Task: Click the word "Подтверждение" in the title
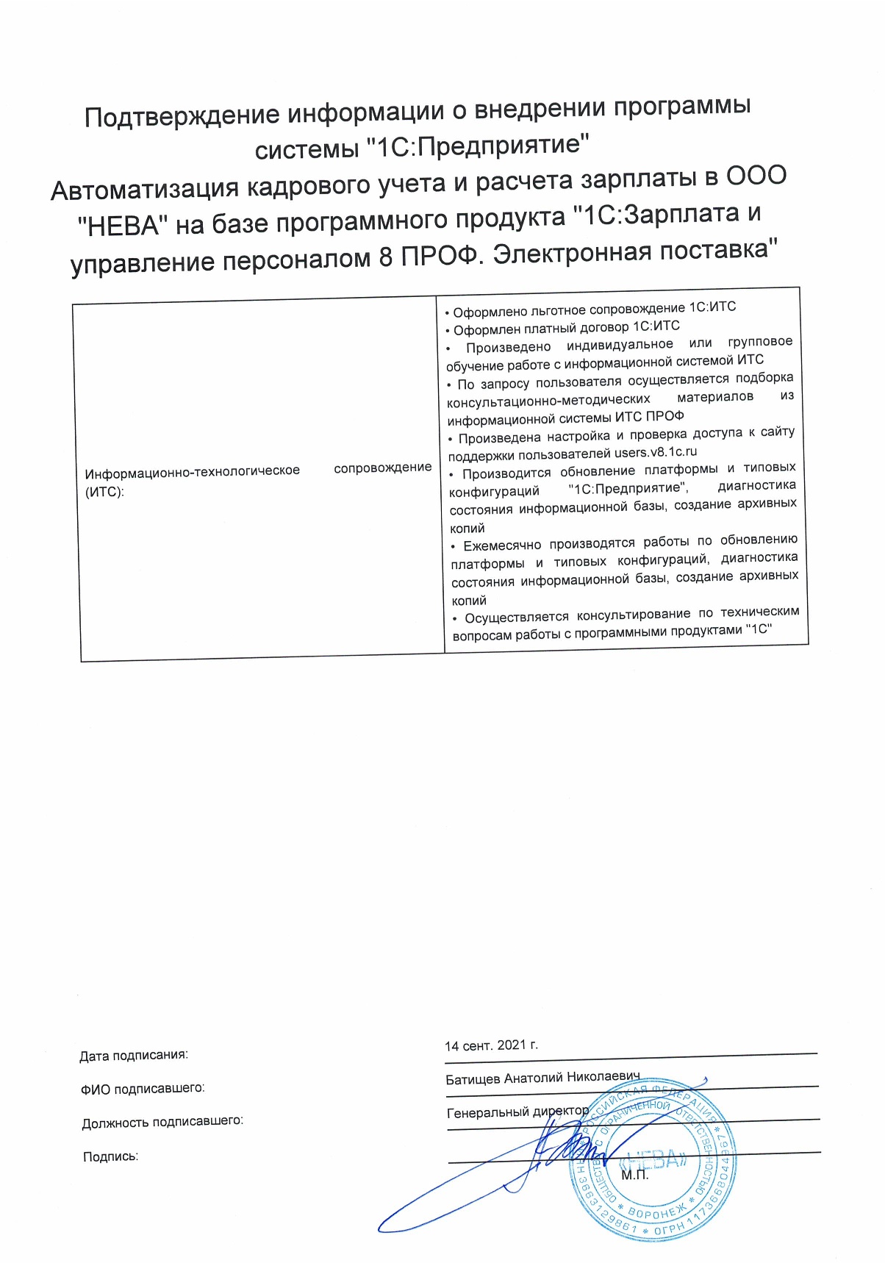[x=182, y=115]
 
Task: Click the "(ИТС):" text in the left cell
[x=104, y=492]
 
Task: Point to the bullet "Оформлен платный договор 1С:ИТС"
[x=566, y=327]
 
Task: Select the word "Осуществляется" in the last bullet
[x=517, y=618]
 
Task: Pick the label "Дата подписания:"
[x=134, y=1055]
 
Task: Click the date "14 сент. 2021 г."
[x=491, y=1045]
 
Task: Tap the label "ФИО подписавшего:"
[x=143, y=1088]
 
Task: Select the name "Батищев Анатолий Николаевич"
[x=542, y=1078]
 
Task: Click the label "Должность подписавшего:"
[x=162, y=1122]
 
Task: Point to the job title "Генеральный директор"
[x=517, y=1112]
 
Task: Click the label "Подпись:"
[x=111, y=1156]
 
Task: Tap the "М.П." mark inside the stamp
[x=634, y=1175]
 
